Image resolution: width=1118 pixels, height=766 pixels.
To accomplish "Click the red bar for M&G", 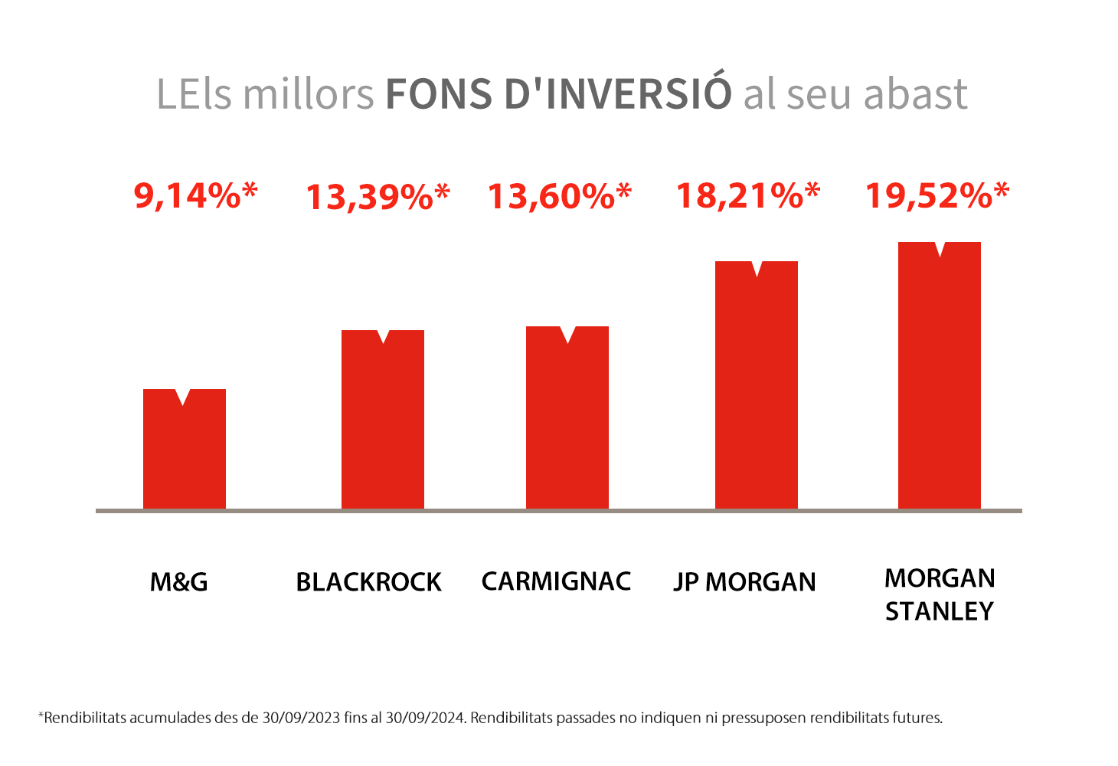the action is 185,450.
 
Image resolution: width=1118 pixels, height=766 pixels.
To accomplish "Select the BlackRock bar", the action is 383,420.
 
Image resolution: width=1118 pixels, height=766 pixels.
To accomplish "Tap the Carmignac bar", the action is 567,418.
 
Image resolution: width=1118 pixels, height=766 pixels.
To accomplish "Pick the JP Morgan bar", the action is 756,385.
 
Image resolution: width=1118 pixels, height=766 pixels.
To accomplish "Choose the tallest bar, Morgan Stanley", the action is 940,376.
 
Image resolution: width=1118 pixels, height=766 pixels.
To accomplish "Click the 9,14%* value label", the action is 196,196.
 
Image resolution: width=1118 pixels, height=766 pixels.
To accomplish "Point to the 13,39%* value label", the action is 378,197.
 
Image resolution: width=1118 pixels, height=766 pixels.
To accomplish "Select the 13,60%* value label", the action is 560,196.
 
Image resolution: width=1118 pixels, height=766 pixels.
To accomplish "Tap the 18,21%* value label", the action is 748,196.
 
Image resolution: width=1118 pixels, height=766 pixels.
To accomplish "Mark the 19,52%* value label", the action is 937,196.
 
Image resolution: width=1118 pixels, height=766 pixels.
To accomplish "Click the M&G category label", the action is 178,582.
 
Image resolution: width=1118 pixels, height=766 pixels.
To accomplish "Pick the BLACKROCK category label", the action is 369,582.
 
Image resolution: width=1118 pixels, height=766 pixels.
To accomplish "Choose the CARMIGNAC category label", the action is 557,581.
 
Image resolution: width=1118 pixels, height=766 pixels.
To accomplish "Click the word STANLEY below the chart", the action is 940,612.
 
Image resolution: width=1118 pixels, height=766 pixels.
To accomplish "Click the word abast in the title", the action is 916,93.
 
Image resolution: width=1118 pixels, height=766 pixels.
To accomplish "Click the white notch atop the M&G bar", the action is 183,397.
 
